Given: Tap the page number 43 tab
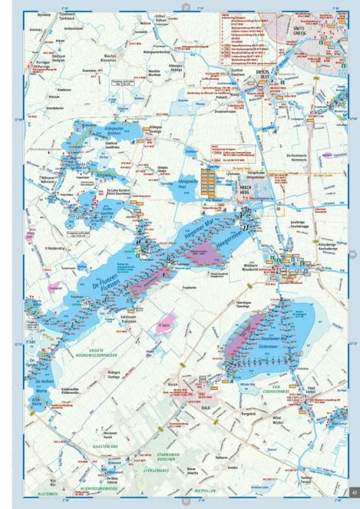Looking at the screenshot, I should coord(353,489).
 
